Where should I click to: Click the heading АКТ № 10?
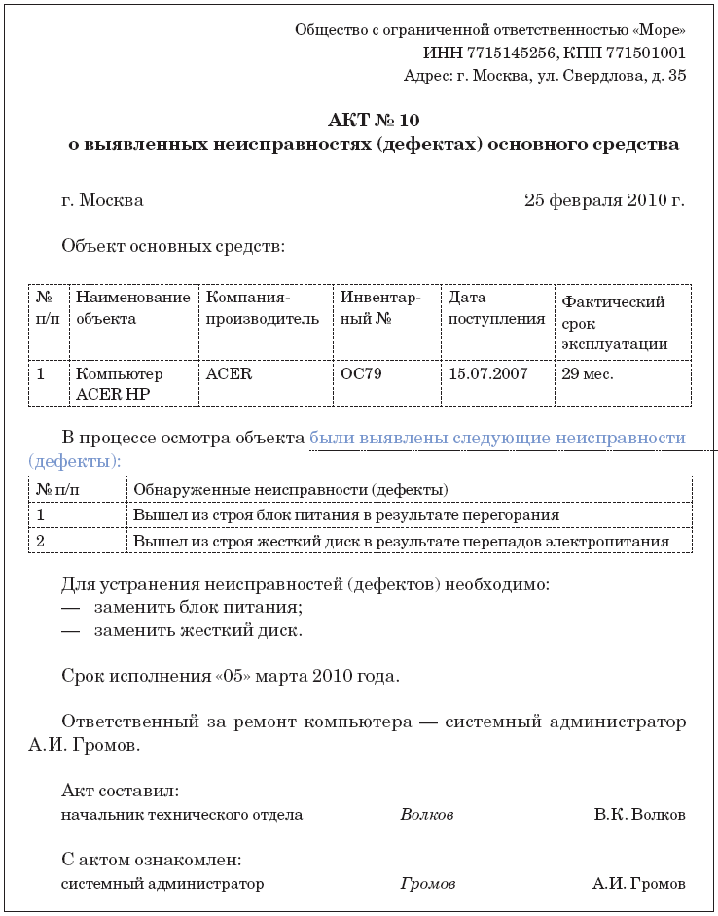(375, 121)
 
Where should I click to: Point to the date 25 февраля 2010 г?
(604, 200)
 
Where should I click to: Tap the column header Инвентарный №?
(379, 307)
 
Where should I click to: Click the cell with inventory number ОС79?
(361, 373)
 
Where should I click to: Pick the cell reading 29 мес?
(588, 373)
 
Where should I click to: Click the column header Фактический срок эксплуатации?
(614, 322)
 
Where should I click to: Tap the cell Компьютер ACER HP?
(119, 383)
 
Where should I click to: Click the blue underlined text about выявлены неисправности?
(497, 439)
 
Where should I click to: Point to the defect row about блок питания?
(345, 514)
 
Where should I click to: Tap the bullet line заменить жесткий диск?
(197, 630)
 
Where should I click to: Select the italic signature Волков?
(426, 815)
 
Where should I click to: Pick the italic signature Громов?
(427, 885)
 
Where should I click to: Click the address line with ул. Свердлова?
(545, 75)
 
